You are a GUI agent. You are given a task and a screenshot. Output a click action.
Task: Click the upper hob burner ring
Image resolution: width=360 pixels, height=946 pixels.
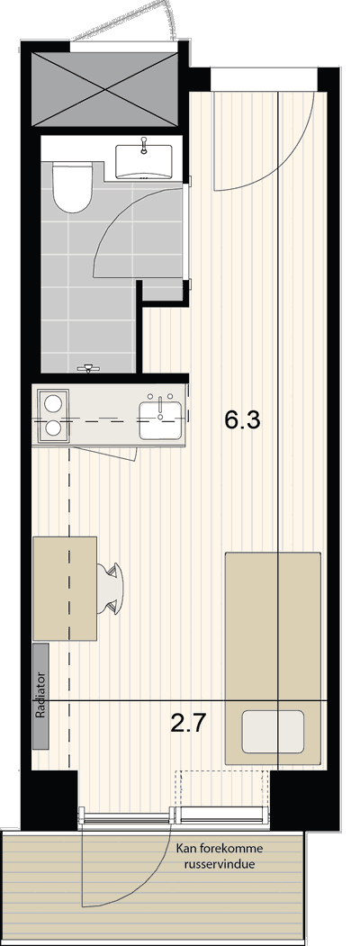pyautogui.click(x=52, y=401)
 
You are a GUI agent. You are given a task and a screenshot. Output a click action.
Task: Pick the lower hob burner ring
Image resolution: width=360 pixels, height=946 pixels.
pyautogui.click(x=52, y=429)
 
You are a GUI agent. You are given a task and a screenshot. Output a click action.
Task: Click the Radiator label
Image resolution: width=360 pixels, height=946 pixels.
pyautogui.click(x=41, y=695)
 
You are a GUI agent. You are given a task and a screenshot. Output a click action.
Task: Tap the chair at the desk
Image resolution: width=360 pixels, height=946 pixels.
pyautogui.click(x=112, y=587)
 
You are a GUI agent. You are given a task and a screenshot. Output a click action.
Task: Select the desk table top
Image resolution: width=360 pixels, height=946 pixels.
pyautogui.click(x=65, y=589)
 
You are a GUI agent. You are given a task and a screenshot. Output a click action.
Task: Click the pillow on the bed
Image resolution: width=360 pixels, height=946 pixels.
pyautogui.click(x=273, y=731)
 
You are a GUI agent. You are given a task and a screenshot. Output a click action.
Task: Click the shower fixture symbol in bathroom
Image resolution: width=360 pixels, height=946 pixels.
pyautogui.click(x=89, y=367)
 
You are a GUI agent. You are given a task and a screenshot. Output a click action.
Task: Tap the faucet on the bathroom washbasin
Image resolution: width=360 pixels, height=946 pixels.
pyautogui.click(x=144, y=146)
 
